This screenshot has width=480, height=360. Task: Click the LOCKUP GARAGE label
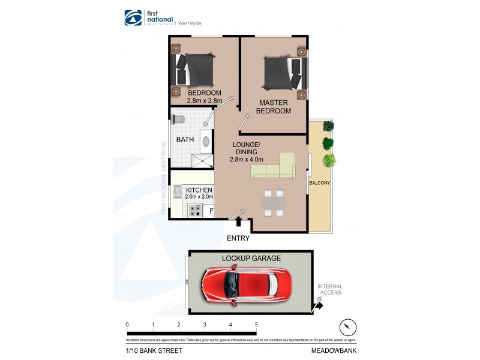251,258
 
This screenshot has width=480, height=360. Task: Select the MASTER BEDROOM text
274,107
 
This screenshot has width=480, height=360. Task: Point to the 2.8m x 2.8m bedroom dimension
204,101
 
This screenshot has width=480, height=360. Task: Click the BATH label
184,140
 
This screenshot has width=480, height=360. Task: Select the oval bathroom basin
205,142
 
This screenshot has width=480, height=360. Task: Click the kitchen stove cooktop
196,210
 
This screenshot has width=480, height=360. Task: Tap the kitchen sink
178,192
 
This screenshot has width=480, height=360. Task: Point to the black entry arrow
239,222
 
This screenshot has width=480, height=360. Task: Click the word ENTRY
238,238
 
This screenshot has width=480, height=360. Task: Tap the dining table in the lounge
274,202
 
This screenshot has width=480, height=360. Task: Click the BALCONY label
320,182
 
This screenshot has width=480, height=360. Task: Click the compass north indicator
346,327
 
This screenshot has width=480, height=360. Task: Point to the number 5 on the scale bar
256,325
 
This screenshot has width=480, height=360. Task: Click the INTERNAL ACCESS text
329,289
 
